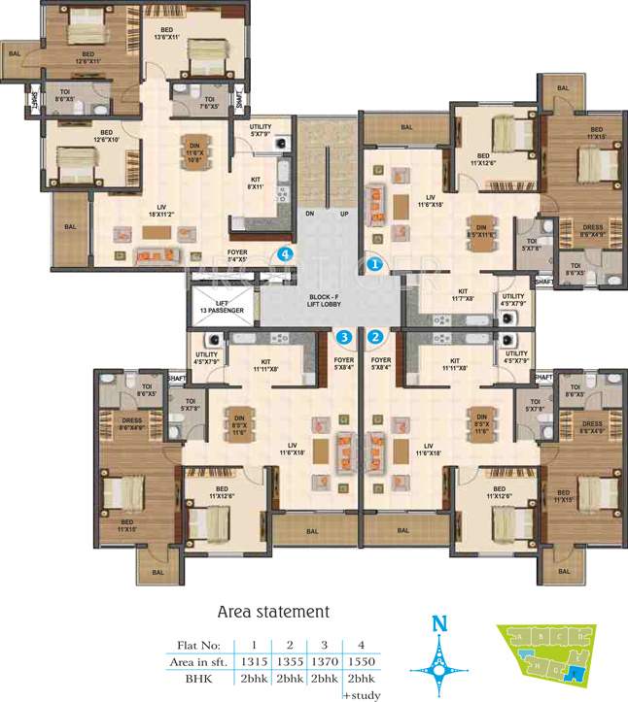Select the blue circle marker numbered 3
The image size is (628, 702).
pos(343,338)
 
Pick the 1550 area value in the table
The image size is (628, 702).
pos(360,660)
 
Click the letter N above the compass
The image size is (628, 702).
pos(437,623)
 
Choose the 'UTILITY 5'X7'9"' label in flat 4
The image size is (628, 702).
pos(261,130)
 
